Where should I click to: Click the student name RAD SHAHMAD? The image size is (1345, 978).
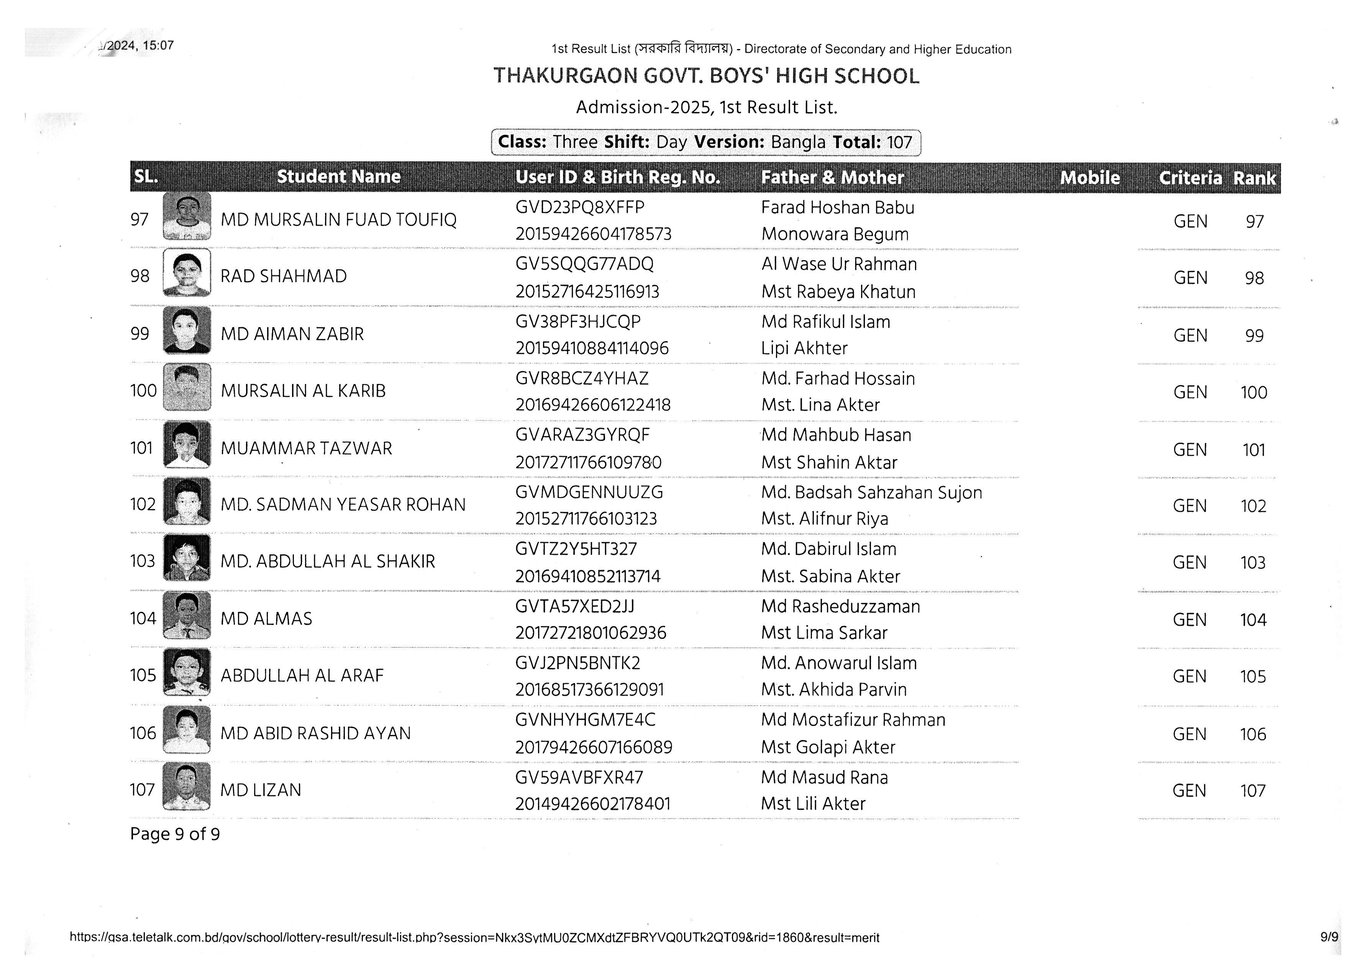[x=284, y=277]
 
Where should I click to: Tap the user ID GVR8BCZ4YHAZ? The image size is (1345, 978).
[x=582, y=379]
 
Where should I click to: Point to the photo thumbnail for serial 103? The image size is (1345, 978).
[x=187, y=558]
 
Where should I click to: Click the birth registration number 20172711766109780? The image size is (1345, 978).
[x=588, y=462]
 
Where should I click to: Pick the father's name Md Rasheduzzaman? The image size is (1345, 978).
[x=840, y=606]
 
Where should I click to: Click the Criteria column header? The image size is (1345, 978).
[x=1190, y=178]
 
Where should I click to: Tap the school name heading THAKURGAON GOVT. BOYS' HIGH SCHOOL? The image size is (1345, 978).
[x=706, y=76]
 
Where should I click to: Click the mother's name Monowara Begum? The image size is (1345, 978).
[x=835, y=234]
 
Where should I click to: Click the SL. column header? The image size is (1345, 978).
[x=146, y=176]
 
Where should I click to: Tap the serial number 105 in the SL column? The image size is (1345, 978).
[x=143, y=675]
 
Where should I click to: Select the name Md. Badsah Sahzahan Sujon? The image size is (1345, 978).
[x=871, y=492]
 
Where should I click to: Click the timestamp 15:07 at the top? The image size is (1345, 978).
[x=158, y=46]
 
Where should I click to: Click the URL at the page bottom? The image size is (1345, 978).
[x=474, y=938]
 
